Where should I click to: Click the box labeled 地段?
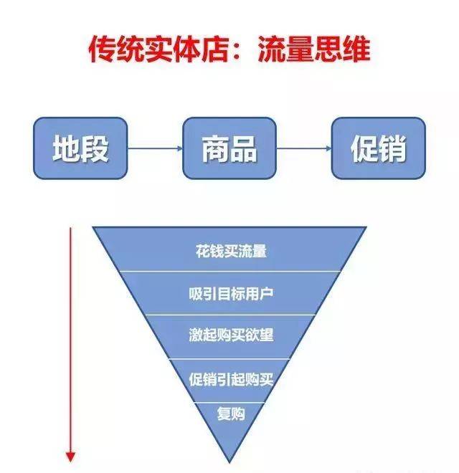(80, 148)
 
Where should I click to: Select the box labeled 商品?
(229, 148)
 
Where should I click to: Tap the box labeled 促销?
(379, 148)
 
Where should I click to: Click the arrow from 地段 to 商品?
(155, 148)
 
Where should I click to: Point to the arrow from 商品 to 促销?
(304, 148)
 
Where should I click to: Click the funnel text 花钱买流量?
(231, 251)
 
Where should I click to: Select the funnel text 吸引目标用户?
(231, 294)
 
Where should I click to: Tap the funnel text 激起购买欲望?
(231, 335)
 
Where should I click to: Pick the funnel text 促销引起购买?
(231, 379)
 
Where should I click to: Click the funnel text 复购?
(231, 414)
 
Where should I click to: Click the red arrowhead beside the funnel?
(71, 457)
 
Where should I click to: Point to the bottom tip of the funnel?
(229, 462)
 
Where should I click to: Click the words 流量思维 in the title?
(314, 49)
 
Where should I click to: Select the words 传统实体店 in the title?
(158, 49)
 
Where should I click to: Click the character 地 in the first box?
(67, 148)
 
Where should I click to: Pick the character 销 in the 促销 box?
(392, 148)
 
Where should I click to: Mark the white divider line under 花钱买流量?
(230, 272)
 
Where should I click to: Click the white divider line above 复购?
(229, 403)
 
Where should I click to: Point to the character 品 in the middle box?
(243, 148)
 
